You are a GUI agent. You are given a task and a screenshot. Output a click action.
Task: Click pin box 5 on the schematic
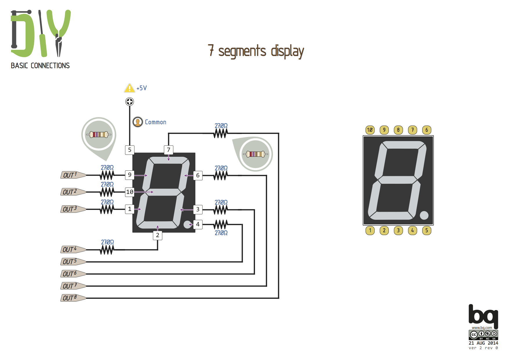130,150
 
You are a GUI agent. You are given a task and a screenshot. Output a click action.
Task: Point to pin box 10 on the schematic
130,192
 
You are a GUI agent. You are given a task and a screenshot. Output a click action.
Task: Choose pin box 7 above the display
168,150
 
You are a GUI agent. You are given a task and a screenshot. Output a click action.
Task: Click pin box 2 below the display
158,235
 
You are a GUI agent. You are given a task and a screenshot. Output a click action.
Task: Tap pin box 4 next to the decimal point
198,224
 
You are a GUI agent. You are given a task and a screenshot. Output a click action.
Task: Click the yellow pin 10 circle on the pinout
370,130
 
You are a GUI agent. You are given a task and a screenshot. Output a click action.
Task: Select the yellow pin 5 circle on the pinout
427,231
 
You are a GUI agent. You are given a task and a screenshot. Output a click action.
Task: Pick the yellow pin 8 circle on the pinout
398,130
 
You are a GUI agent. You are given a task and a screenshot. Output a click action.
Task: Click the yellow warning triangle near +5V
129,88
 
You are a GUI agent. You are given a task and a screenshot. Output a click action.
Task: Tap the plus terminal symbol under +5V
130,102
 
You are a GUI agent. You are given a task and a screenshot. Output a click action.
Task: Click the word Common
156,122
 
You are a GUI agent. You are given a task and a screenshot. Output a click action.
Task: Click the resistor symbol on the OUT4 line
107,250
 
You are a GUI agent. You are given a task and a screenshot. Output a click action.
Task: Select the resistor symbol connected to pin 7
221,133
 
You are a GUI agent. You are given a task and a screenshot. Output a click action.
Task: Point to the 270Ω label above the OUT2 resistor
107,184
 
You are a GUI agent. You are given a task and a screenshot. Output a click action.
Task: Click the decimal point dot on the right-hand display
424,215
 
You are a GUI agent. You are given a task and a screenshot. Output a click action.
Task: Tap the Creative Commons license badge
483,335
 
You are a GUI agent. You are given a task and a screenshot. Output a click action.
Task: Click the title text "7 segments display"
256,51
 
